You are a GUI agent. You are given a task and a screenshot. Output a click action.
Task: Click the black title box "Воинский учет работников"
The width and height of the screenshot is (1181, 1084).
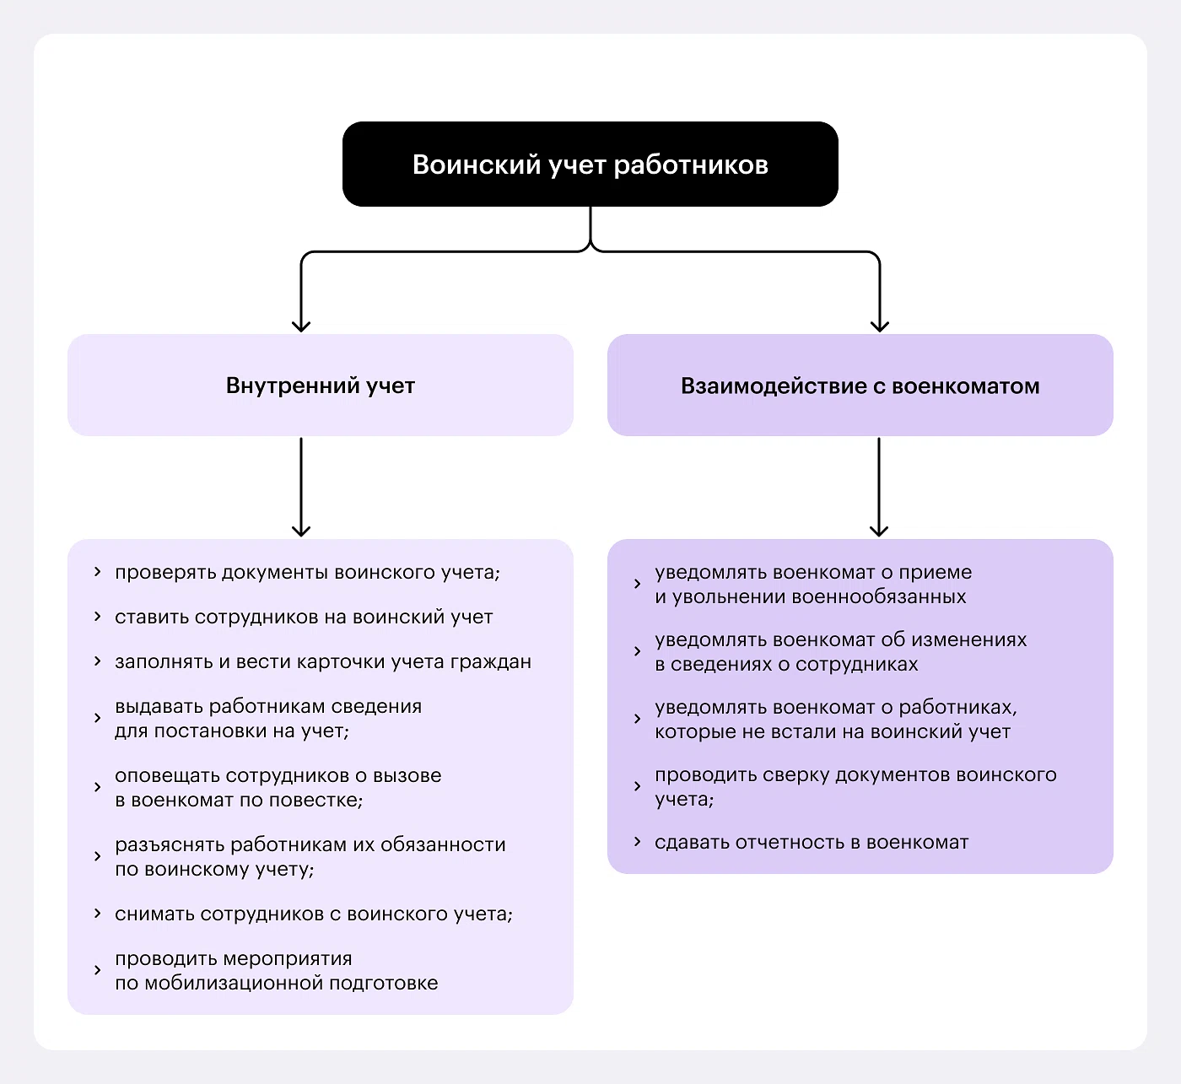pos(590,164)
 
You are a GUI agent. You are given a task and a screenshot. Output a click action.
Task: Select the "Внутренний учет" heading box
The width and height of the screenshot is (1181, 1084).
pos(321,386)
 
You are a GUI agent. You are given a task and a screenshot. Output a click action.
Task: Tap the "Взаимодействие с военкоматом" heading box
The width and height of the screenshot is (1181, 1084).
pos(860,386)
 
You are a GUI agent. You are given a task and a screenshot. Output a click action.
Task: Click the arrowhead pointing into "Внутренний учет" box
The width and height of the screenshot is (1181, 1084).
pos(301,326)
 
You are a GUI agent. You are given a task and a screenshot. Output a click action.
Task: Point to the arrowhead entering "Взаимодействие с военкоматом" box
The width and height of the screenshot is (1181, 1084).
pos(880,326)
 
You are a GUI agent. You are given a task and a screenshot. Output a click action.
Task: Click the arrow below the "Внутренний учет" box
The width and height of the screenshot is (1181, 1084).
pos(301,487)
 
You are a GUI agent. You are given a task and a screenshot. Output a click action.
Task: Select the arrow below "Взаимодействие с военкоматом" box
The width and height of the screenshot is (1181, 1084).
pos(879,487)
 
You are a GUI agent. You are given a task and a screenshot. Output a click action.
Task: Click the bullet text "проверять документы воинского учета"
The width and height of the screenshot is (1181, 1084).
pos(307,573)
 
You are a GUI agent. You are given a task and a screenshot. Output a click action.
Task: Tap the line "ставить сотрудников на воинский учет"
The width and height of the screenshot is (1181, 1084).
pos(304,618)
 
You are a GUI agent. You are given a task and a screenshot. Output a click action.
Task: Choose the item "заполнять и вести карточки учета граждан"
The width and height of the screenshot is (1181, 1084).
pos(323,662)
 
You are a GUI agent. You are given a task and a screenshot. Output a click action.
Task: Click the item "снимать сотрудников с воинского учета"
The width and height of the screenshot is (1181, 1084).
pos(313,914)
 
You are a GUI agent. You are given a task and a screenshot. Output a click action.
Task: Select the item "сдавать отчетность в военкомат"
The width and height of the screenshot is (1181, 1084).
pos(812,843)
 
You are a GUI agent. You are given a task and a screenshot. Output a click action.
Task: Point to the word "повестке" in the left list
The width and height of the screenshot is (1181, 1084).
pos(318,801)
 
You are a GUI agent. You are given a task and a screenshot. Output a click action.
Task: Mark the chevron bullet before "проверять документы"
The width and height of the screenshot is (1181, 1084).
pos(98,572)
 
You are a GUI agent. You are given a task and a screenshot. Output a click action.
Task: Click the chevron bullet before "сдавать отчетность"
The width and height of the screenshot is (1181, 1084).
pos(638,842)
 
